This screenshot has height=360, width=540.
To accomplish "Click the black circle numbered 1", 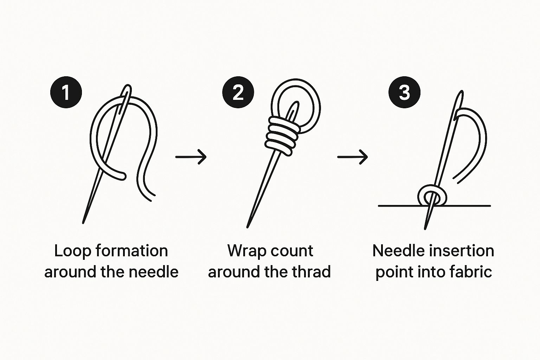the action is (66, 92).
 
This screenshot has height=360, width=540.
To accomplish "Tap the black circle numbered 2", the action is (238, 92).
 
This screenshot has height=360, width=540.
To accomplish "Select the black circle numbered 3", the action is (405, 92).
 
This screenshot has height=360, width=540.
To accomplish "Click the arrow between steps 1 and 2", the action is (191, 157).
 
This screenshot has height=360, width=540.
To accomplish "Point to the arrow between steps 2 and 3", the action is (353, 157).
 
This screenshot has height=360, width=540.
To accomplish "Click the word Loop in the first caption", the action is (72, 251).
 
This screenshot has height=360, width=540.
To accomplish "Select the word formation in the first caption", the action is (132, 251).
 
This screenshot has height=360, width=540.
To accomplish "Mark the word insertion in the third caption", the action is (461, 251).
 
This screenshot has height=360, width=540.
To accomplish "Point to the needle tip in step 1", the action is (83, 223).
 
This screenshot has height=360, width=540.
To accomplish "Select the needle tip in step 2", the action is (247, 227).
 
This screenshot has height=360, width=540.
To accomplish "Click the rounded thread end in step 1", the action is (122, 176).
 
